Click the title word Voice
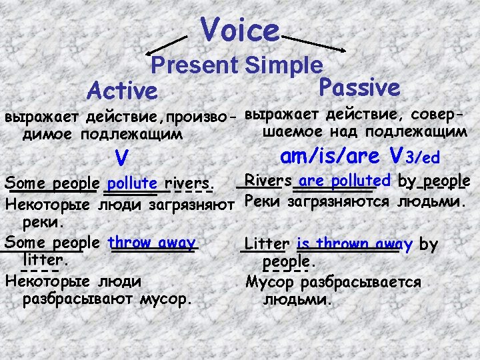pos(240,29)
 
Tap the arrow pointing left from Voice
pos(167,45)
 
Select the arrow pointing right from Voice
pos(313,44)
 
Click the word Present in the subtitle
pos(195,65)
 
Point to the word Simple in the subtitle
pos(284,65)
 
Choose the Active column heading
pos(122,91)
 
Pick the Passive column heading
pos(359,87)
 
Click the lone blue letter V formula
pos(121,157)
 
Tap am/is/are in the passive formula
pos(330,156)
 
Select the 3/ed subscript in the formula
pos(423,158)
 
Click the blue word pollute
pos(132,183)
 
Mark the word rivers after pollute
pos(188,183)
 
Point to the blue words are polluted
pos(345,181)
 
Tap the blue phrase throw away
pos(151,243)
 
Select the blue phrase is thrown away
pos(355,244)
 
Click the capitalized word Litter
pos(267,244)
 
